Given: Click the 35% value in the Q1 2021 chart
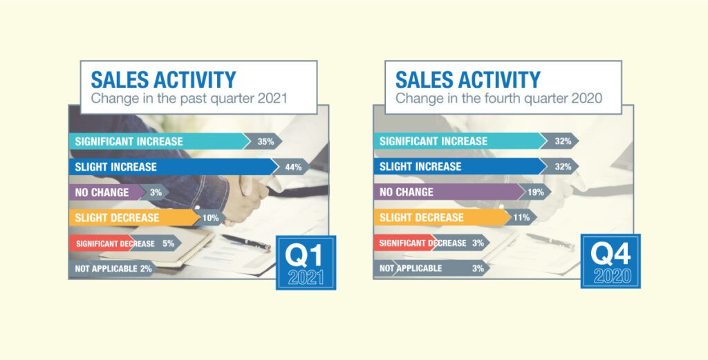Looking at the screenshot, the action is pyautogui.click(x=265, y=142).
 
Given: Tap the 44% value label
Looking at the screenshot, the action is pyautogui.click(x=293, y=167).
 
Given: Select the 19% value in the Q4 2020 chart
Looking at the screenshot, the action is pyautogui.click(x=536, y=192).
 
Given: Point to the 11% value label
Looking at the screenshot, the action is pyautogui.click(x=521, y=218).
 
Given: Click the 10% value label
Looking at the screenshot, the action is pyautogui.click(x=210, y=218).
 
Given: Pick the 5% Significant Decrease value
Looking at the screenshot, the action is pyautogui.click(x=169, y=244).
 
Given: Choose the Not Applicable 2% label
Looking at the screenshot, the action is pyautogui.click(x=113, y=269).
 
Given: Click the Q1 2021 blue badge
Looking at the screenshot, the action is pyautogui.click(x=306, y=263).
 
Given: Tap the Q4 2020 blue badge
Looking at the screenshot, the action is pyautogui.click(x=611, y=261).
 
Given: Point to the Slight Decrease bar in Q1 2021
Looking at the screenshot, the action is pyautogui.click(x=134, y=218).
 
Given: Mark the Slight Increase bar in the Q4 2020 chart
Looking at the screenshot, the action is pyautogui.click(x=460, y=167).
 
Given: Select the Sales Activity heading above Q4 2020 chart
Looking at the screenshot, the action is pyautogui.click(x=468, y=80).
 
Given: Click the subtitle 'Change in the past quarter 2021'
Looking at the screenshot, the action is pyautogui.click(x=189, y=99).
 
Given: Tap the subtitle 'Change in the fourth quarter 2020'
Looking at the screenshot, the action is pyautogui.click(x=499, y=99).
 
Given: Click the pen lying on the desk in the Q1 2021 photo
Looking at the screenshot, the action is pyautogui.click(x=246, y=242).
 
